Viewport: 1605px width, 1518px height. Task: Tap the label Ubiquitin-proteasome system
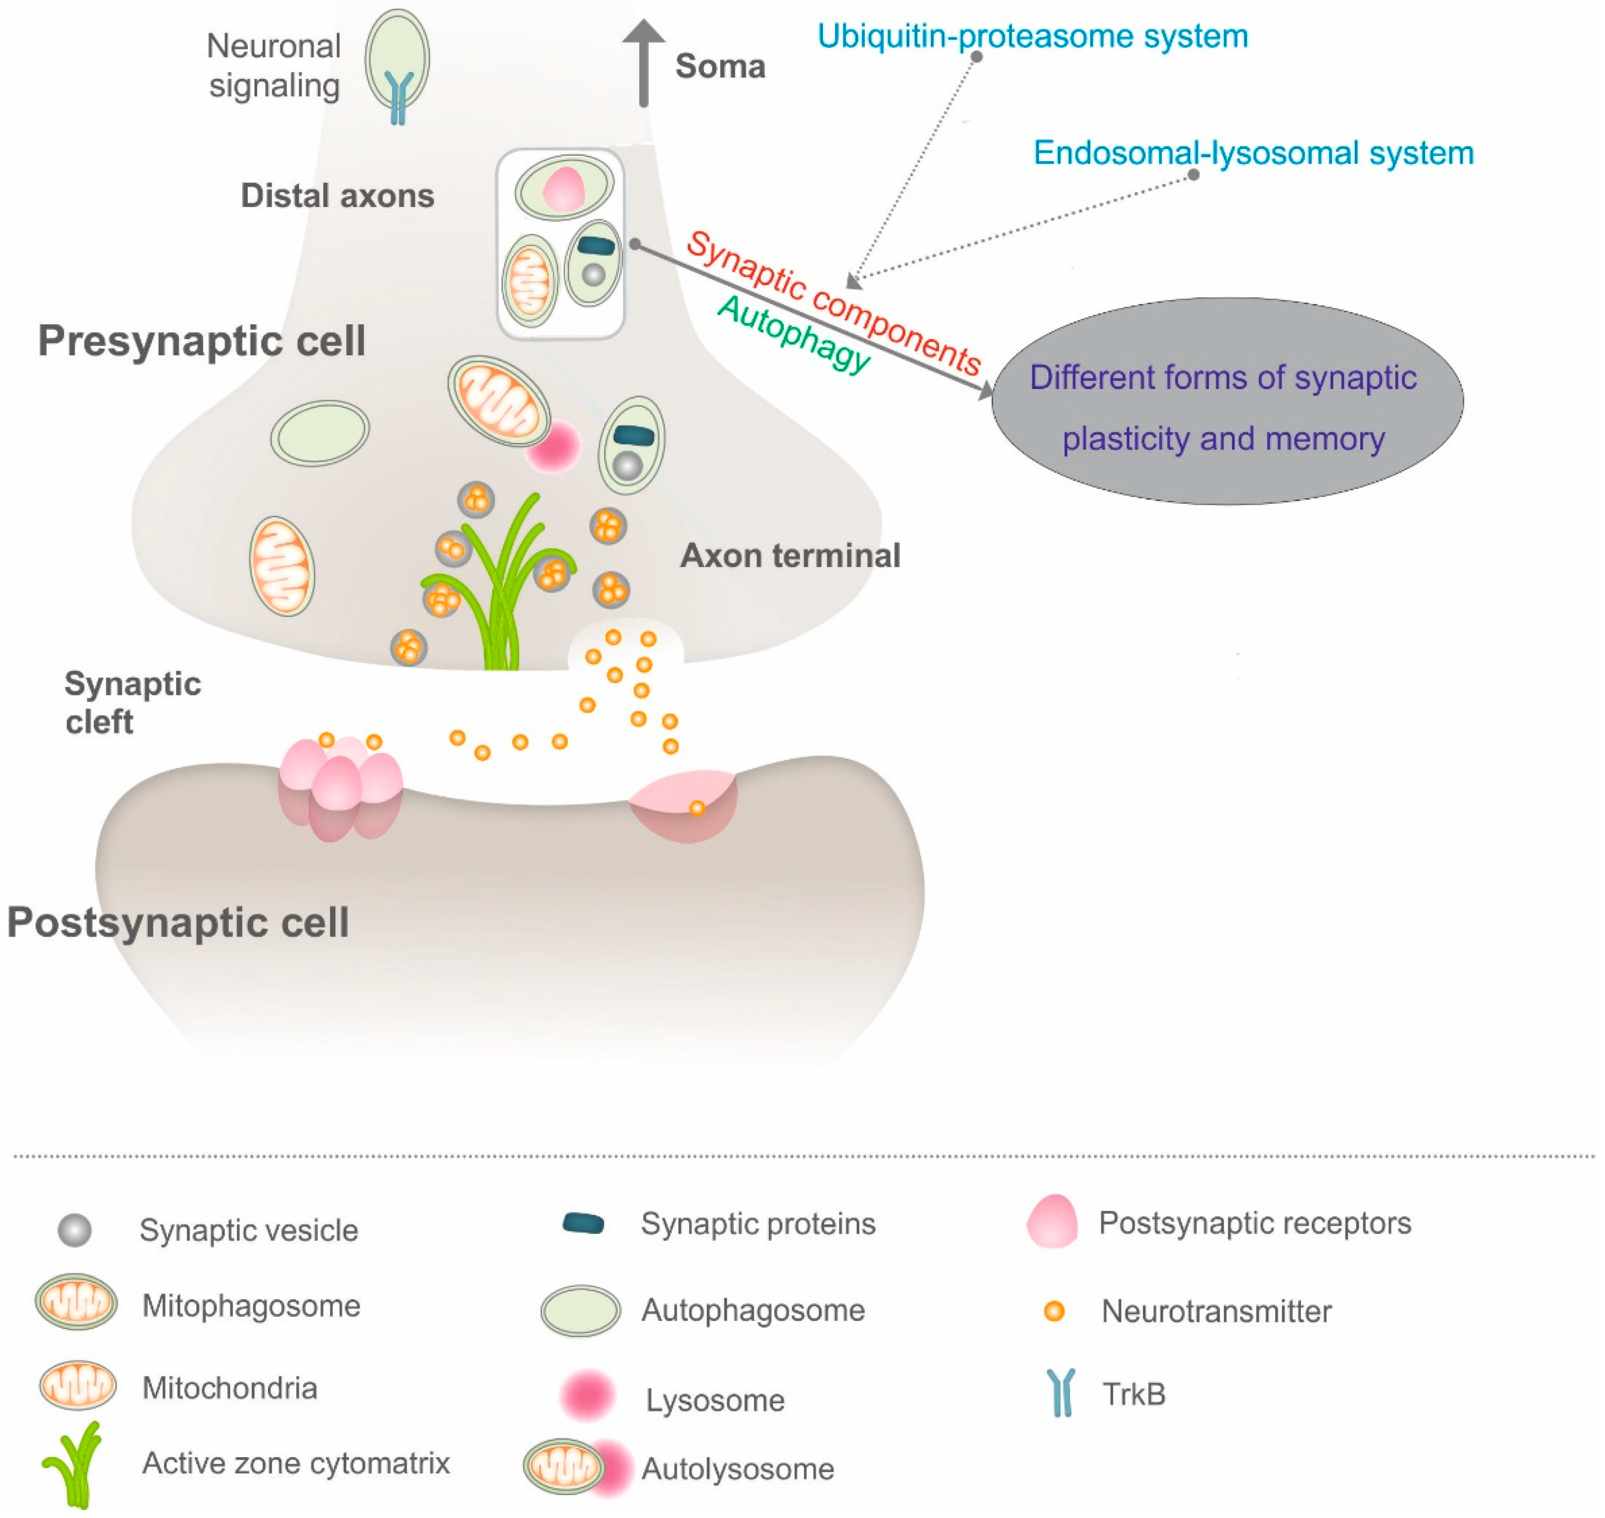point(1032,37)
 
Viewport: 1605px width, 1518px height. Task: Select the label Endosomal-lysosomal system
point(1253,153)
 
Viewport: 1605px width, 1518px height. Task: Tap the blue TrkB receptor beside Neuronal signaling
point(398,95)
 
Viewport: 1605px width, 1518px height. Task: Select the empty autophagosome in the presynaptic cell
point(320,433)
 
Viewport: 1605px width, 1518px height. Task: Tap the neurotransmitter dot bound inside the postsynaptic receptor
point(697,808)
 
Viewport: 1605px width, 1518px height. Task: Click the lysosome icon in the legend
point(587,1395)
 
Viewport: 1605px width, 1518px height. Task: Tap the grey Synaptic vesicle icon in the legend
point(75,1230)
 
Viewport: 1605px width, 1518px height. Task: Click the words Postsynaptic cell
point(178,922)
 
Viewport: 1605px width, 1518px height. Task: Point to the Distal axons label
point(338,196)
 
